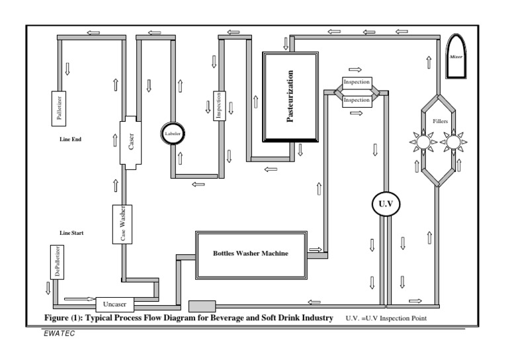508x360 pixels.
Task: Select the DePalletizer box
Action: pos(56,261)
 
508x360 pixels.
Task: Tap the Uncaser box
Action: pos(115,304)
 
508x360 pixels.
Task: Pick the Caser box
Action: pos(130,142)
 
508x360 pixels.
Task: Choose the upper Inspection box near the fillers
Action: pos(357,83)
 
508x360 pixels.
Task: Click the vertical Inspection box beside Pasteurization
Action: pos(220,103)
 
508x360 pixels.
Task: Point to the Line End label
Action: pos(69,140)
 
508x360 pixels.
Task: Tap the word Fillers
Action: pos(439,120)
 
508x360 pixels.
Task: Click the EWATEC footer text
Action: pos(59,333)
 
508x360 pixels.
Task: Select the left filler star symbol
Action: pos(422,141)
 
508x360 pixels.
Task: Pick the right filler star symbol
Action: pos(454,141)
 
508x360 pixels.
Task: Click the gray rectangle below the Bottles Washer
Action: pos(202,306)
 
